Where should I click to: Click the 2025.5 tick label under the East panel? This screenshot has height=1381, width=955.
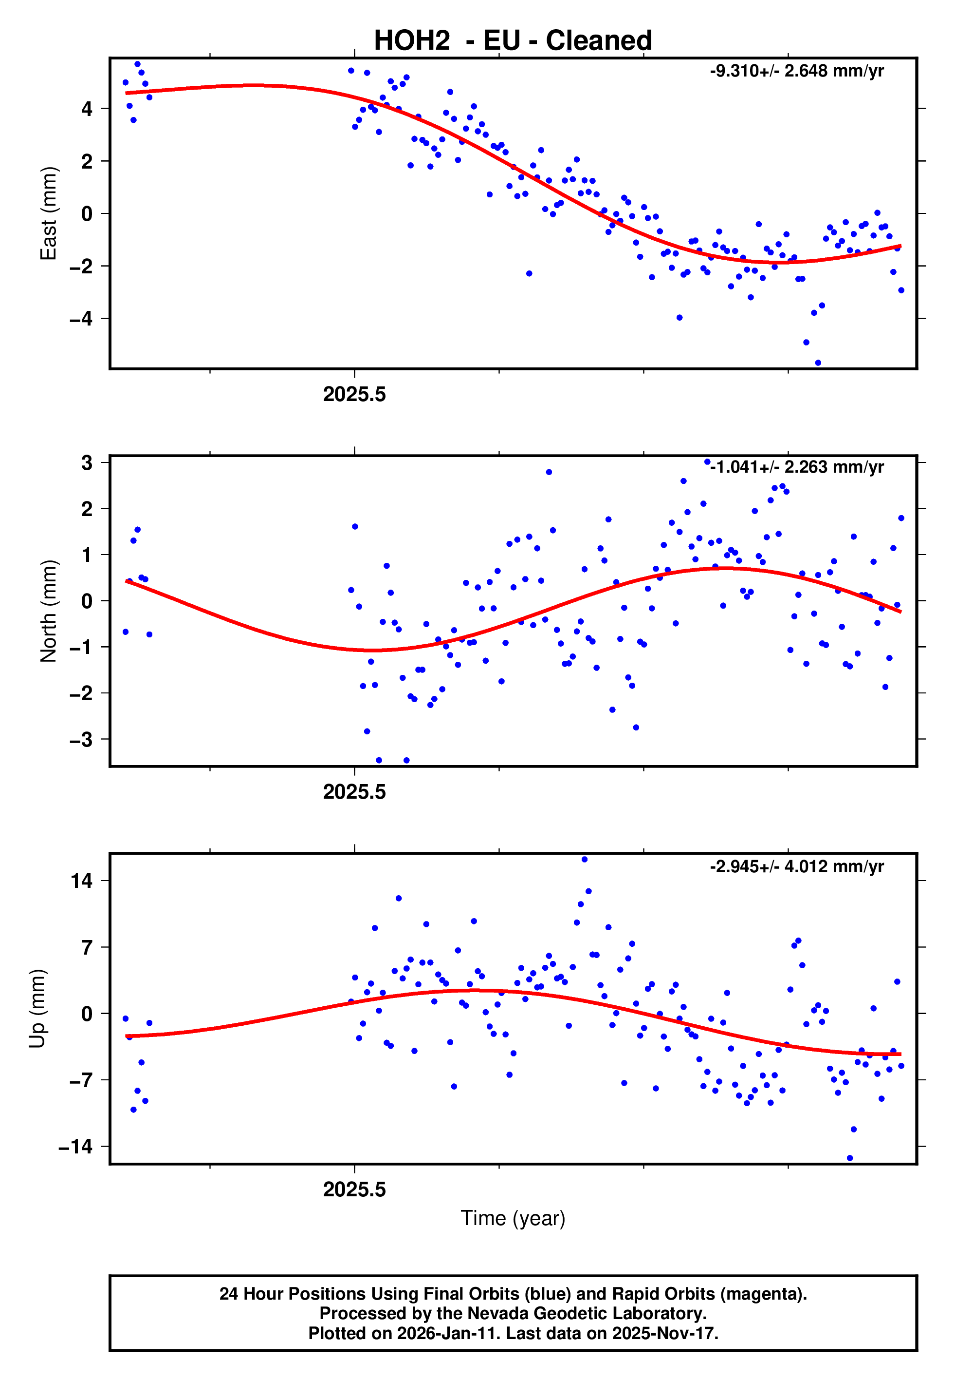[354, 395]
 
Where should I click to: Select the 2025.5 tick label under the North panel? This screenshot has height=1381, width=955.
[354, 792]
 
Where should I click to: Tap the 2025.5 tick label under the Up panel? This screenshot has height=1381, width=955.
[354, 1189]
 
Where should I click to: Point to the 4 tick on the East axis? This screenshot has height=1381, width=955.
[87, 109]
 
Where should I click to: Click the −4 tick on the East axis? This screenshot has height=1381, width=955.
[81, 319]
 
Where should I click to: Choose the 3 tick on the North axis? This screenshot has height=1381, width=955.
[87, 463]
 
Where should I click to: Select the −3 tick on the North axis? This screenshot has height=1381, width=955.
[81, 740]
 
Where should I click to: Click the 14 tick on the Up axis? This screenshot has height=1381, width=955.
[82, 881]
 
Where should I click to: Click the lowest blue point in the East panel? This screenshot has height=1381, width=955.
[817, 363]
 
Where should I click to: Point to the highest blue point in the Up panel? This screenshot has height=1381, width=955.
[584, 860]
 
